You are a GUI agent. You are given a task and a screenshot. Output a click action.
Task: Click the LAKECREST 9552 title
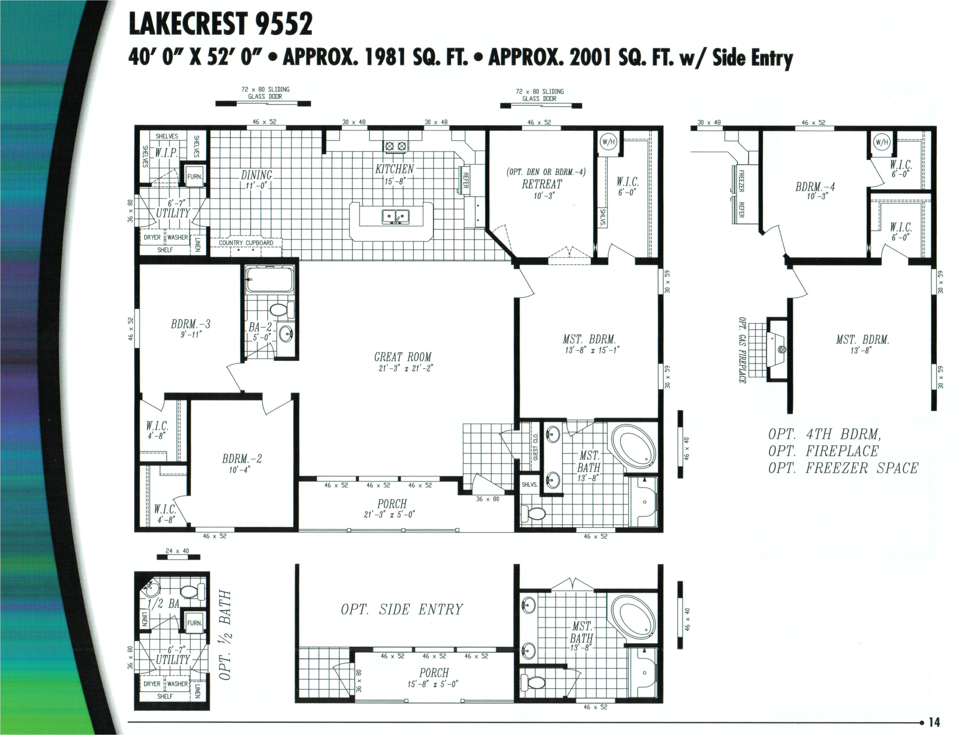(x=221, y=24)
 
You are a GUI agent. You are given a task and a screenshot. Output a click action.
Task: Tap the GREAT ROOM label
(x=403, y=357)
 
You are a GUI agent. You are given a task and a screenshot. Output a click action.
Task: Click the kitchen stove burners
(x=396, y=146)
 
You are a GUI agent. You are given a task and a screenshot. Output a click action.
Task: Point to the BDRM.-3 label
(x=191, y=324)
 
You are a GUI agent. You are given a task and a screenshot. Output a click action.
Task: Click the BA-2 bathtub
(x=269, y=279)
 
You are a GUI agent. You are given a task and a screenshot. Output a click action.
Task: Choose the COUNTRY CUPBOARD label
(x=246, y=243)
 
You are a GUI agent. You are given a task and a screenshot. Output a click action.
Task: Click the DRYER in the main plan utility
(x=152, y=237)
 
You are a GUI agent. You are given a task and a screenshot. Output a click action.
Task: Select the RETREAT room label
(x=542, y=184)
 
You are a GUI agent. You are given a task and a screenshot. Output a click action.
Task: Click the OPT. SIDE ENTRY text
(x=402, y=609)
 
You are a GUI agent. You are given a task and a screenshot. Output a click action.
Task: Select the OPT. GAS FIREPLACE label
(x=742, y=350)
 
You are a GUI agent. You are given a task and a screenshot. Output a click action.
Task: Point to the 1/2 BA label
(x=163, y=604)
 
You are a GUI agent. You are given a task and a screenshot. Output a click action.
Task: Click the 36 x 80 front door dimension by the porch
(x=488, y=499)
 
